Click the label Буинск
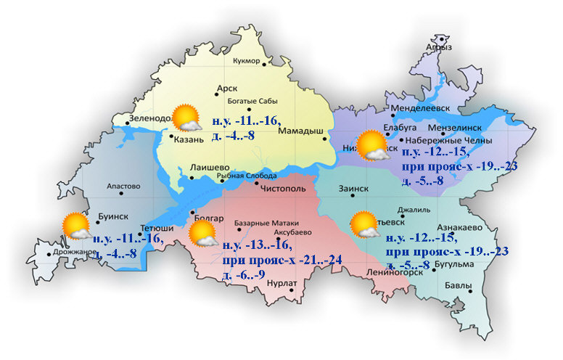coord(112,216)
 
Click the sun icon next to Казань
coord(186,118)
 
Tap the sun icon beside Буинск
coord(76,226)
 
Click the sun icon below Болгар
coord(203,235)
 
